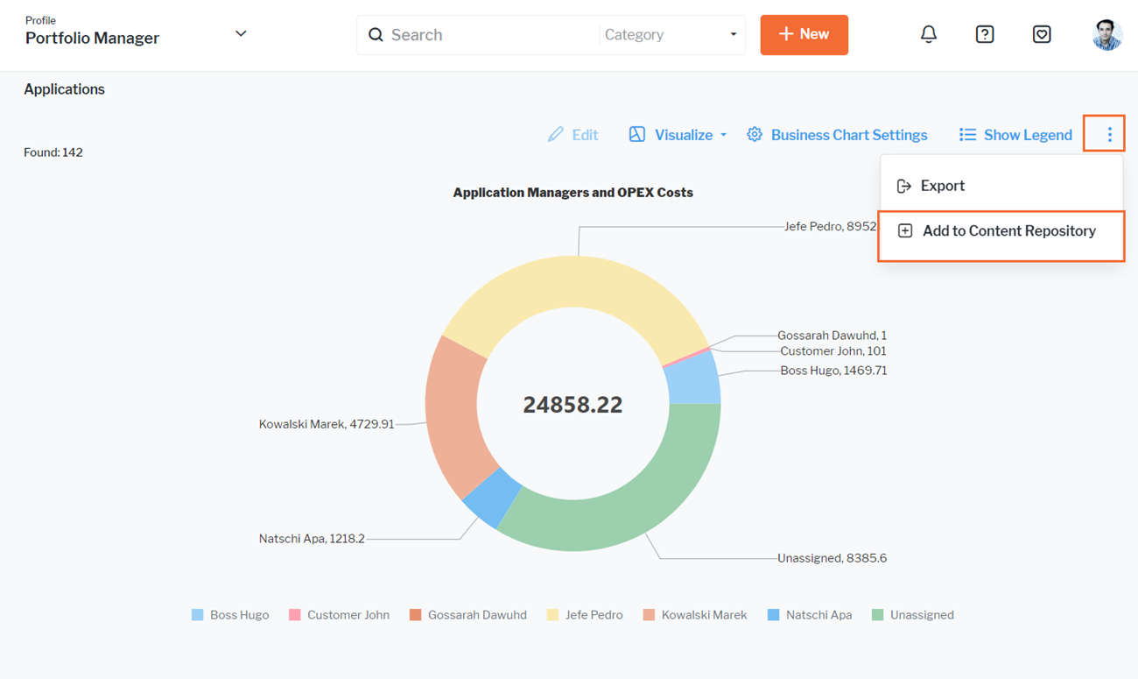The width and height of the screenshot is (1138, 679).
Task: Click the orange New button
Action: coord(804,35)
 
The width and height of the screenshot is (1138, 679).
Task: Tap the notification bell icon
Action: coord(928,34)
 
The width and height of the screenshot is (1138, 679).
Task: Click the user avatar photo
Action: coord(1106,35)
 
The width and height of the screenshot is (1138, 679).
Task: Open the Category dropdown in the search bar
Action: coord(671,35)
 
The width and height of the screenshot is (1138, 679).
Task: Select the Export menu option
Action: coord(942,186)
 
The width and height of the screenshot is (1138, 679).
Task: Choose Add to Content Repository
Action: coord(1008,231)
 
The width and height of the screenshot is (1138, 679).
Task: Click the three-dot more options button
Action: coord(1109,135)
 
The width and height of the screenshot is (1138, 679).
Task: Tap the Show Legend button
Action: coord(1015,135)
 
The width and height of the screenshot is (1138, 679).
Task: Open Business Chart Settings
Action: coord(837,135)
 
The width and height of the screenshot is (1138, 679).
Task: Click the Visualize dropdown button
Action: coord(678,135)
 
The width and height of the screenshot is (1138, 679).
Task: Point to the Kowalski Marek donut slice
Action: coord(452,412)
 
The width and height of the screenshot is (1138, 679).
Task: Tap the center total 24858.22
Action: coord(573,405)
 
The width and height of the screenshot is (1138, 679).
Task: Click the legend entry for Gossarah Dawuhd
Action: coord(468,615)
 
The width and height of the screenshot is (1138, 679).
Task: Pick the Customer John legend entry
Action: coord(340,615)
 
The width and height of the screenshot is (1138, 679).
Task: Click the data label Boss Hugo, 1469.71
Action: coord(833,371)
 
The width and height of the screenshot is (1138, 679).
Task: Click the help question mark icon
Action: coord(985,34)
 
